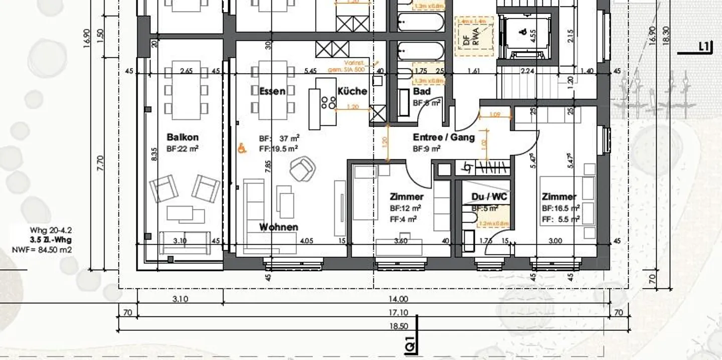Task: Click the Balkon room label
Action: (x=183, y=137)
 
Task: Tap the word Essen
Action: (x=272, y=91)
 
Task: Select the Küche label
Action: (x=352, y=91)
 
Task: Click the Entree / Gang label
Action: (x=443, y=137)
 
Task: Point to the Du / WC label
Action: (x=489, y=197)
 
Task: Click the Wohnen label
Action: (x=278, y=227)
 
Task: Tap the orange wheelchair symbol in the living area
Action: (x=242, y=148)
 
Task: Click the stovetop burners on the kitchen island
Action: (x=331, y=102)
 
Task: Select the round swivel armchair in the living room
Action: (x=302, y=169)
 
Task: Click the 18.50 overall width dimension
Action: (x=398, y=326)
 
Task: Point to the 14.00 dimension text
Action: (x=398, y=299)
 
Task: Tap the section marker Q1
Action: (x=410, y=345)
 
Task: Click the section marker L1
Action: (x=704, y=47)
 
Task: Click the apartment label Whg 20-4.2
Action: (x=51, y=231)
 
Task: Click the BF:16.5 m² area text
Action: (x=561, y=208)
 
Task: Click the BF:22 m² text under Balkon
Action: (x=183, y=149)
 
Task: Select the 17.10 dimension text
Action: (x=398, y=313)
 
